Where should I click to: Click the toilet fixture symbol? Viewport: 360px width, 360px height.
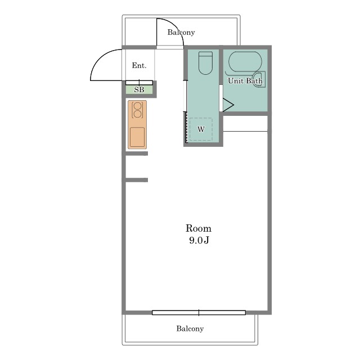coord(205,63)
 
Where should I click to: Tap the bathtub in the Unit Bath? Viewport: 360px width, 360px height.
coord(245,62)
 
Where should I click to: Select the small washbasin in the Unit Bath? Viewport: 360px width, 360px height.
coord(259,79)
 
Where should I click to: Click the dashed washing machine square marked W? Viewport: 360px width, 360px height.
coord(201,129)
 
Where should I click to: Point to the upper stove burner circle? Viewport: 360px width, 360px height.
coord(137,106)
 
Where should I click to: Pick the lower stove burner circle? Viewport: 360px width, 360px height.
coord(137,114)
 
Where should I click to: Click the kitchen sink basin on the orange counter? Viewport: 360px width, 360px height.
coord(137,137)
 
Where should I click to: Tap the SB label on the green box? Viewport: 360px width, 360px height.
coord(139,90)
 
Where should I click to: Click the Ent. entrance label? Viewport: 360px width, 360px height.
coord(139,66)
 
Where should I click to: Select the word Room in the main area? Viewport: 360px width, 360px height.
coord(199,228)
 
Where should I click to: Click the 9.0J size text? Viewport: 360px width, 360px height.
coord(199,240)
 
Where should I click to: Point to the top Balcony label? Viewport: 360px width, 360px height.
coord(181,33)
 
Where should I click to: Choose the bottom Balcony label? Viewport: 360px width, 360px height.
coord(190,328)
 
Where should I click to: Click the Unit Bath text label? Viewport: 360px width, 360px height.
coord(245,81)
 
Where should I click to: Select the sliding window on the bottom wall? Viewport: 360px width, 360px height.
coord(199,313)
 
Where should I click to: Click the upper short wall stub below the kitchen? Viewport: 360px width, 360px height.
coord(136,154)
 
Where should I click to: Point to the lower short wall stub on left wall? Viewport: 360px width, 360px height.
coord(136,180)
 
